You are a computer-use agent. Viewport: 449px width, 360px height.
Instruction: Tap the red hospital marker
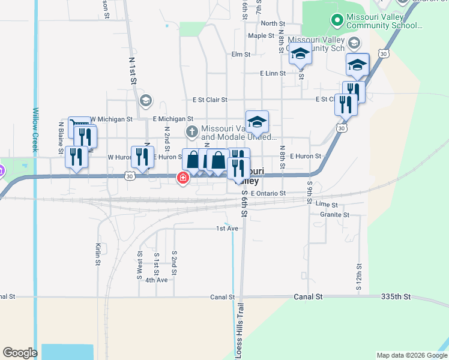182,178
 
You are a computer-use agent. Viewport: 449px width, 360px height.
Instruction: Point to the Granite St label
335,214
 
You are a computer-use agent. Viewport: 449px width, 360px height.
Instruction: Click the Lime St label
326,205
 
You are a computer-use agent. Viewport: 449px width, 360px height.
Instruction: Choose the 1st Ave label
228,229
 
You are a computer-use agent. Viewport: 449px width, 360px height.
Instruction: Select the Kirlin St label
97,254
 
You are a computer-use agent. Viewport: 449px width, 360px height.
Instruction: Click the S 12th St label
358,277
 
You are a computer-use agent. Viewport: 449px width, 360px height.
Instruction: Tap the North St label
273,23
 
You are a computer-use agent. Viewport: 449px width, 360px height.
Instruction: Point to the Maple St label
261,35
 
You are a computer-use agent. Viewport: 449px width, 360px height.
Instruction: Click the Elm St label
241,55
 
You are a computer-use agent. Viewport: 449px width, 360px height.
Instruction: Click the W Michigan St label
111,119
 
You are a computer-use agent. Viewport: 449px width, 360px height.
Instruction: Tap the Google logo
20,353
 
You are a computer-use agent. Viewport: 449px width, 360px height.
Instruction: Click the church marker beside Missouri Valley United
191,131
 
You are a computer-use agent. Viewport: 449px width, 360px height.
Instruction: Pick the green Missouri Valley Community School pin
337,21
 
